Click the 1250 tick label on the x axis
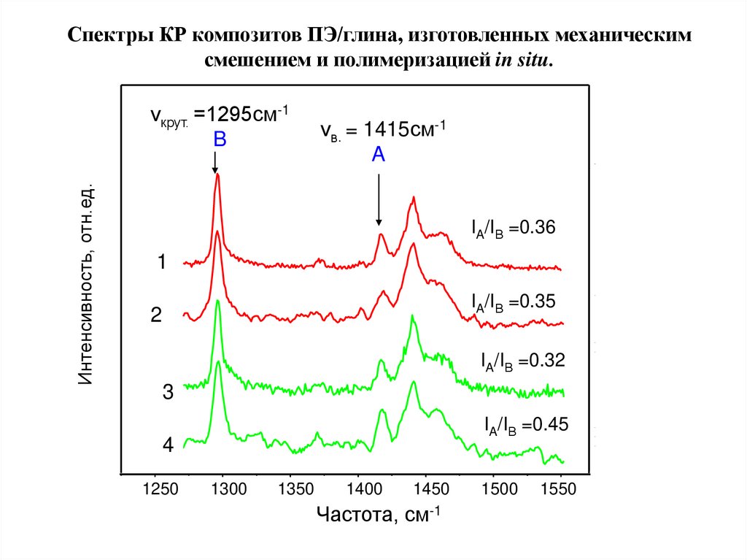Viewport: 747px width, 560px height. [155, 488]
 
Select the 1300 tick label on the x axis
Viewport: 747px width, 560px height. [223, 488]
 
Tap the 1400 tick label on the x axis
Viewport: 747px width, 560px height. [358, 488]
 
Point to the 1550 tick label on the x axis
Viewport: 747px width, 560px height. [561, 488]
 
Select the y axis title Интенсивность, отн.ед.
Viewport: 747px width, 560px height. [86, 285]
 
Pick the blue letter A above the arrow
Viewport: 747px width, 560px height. [378, 154]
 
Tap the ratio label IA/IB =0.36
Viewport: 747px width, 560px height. [514, 229]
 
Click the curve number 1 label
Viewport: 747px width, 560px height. [163, 261]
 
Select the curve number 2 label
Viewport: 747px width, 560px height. [156, 315]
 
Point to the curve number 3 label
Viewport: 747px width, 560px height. [168, 393]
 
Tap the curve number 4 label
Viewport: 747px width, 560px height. [168, 445]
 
